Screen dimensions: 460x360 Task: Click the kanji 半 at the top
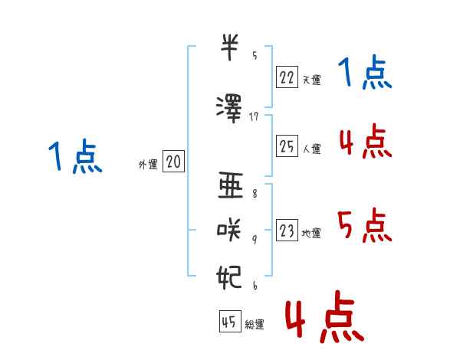tap(229, 47)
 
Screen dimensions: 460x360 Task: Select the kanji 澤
tap(229, 109)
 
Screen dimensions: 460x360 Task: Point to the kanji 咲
tap(229, 230)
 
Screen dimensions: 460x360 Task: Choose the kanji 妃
tap(229, 277)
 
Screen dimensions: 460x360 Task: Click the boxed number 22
tap(287, 77)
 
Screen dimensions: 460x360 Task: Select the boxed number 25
tap(287, 146)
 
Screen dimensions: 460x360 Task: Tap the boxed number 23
tap(287, 230)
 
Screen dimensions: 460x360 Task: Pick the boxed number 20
tap(173, 161)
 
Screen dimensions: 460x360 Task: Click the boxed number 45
tap(230, 321)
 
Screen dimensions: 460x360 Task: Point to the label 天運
tap(311, 80)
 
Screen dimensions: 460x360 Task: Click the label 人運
tap(311, 149)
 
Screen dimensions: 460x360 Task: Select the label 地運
tap(311, 234)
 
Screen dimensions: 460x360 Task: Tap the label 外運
tap(148, 165)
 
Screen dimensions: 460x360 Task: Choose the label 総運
tap(255, 325)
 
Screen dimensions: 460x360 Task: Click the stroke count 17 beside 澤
tap(254, 117)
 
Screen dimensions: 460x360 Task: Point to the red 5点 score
tap(365, 225)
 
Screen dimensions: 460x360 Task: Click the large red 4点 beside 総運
tap(324, 316)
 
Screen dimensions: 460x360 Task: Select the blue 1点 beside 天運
tap(365, 72)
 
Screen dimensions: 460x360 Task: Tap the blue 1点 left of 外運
tap(75, 156)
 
